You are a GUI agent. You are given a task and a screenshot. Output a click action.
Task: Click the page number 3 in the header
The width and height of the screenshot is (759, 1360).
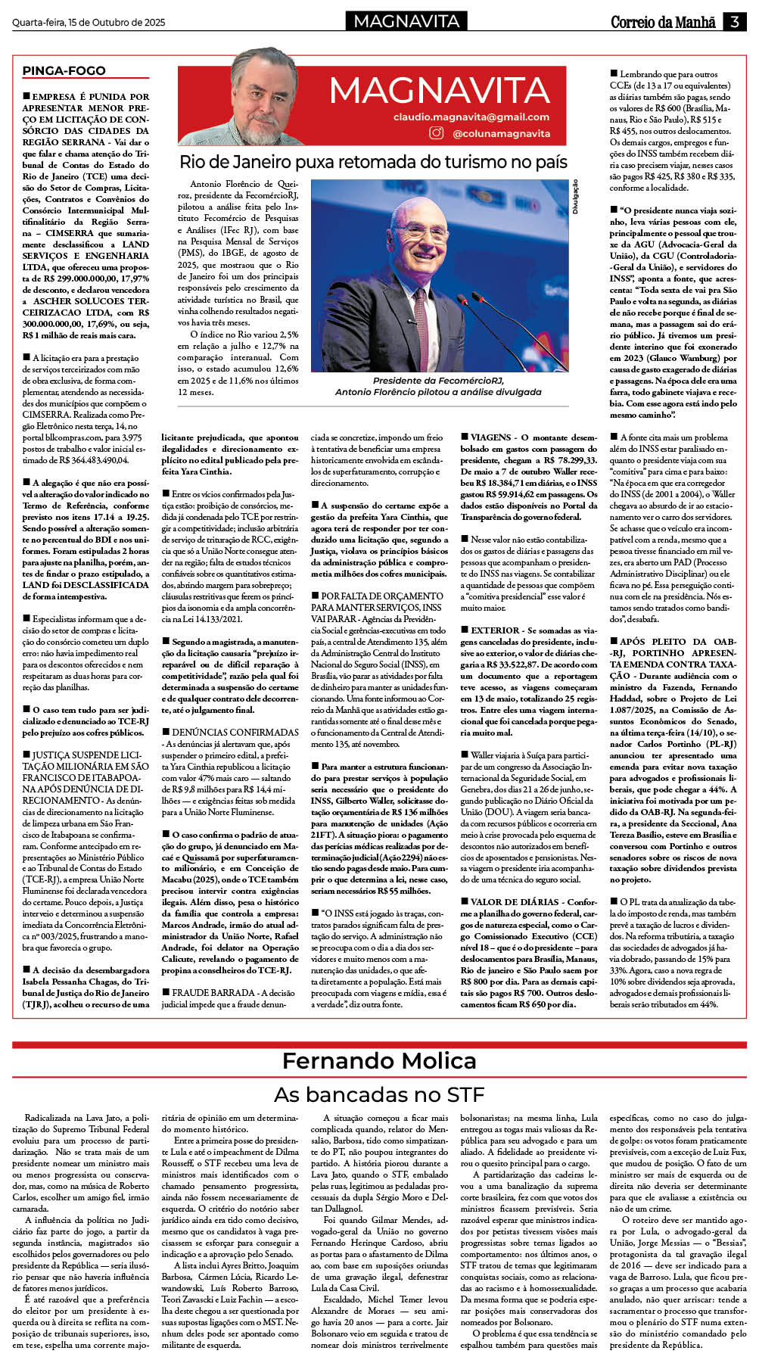734,22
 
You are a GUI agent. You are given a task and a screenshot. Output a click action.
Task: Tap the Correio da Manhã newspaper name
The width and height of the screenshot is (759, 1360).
663,22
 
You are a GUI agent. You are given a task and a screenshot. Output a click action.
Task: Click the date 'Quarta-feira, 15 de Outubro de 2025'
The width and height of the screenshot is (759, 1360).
89,23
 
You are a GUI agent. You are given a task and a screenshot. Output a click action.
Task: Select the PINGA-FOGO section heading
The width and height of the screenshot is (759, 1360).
64,70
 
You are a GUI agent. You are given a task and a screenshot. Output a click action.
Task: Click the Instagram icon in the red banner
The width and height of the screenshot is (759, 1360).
436,132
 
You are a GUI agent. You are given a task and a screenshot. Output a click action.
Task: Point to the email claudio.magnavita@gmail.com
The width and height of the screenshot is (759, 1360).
471,117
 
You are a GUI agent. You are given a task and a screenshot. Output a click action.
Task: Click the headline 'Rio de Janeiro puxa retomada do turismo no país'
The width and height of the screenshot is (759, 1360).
373,162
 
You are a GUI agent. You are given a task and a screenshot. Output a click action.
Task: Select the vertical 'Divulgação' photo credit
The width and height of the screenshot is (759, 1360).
575,197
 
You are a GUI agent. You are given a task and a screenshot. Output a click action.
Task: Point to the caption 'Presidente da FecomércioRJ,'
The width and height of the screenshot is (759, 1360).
438,381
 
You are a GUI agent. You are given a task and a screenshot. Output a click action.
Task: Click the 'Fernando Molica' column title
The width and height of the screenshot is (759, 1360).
379,1061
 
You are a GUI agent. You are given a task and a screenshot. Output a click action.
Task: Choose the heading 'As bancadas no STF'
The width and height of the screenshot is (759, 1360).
379,1094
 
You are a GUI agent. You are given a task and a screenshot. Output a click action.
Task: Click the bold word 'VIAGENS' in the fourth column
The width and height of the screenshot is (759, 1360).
491,437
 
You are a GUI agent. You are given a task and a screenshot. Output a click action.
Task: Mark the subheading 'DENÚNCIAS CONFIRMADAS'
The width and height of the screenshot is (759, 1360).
235,733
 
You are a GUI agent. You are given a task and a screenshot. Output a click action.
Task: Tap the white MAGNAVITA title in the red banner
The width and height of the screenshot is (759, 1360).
439,92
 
